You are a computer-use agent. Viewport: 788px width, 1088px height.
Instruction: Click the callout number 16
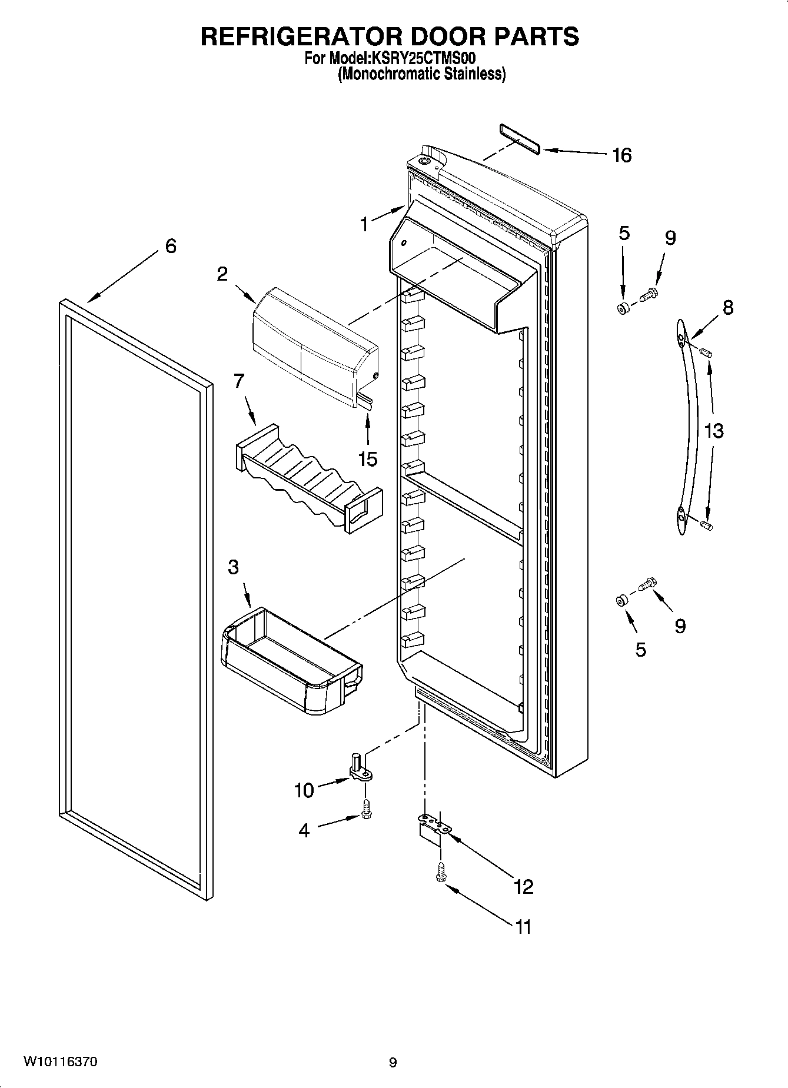[x=621, y=155]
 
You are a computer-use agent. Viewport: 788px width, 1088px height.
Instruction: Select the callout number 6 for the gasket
[x=170, y=245]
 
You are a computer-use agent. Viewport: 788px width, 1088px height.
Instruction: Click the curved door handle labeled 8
[x=690, y=427]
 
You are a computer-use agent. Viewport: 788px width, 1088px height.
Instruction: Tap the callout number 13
[x=713, y=431]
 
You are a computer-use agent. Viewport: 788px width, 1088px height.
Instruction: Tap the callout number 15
[x=368, y=459]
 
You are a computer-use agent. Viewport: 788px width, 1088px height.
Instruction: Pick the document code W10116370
[x=61, y=1062]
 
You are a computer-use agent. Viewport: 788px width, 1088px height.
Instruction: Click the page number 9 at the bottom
[x=393, y=1063]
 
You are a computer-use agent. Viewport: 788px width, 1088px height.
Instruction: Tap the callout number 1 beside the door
[x=364, y=224]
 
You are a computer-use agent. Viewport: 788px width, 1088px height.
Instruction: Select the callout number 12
[x=523, y=886]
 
